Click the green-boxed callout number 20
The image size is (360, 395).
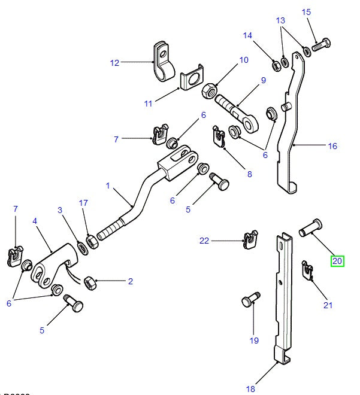(x=337, y=260)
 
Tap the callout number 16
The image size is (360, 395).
(x=332, y=146)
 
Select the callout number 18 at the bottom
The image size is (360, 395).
(x=250, y=389)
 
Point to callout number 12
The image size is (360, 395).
(x=114, y=62)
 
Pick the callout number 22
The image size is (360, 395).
(x=205, y=241)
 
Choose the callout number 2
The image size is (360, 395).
(x=129, y=281)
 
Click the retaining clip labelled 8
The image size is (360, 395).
(x=219, y=136)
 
